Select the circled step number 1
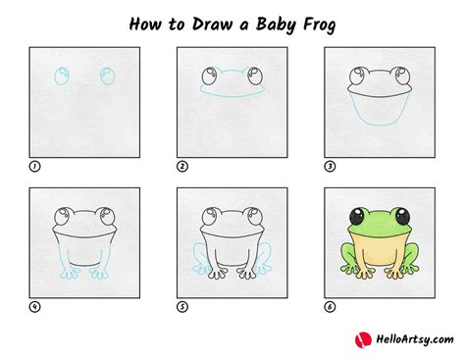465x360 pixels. tap(35, 167)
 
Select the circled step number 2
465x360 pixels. tap(182, 167)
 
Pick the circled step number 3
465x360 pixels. tap(329, 167)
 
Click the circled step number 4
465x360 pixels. tap(35, 305)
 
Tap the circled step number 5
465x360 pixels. tap(182, 305)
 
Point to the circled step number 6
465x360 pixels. tap(329, 305)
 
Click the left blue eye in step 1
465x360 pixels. tap(64, 77)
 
